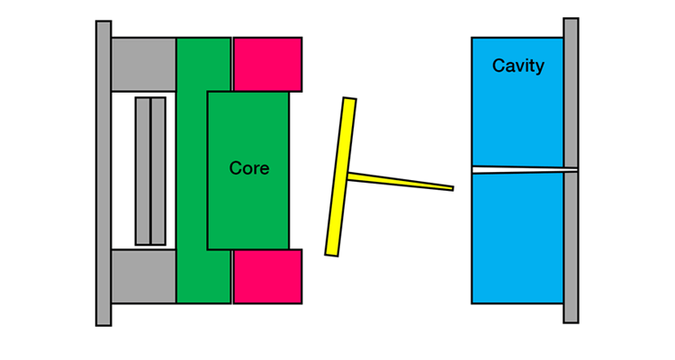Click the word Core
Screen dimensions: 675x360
249,168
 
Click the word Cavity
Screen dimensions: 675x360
517,66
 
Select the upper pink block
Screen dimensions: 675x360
267,64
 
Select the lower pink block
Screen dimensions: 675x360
267,276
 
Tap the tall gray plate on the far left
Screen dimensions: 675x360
103,173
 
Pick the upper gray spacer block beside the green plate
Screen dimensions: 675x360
143,64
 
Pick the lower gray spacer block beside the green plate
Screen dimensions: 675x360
143,276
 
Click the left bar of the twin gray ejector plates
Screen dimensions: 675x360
143,171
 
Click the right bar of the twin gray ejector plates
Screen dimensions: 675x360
158,171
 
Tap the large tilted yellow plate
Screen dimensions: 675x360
340,177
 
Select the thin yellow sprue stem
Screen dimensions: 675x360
400,181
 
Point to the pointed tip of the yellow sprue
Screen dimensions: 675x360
453,188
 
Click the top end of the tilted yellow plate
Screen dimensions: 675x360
349,99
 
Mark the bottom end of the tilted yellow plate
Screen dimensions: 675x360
331,255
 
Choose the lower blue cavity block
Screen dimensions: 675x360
517,238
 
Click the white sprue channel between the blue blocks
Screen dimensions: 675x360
525,170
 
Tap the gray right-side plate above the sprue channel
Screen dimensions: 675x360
571,93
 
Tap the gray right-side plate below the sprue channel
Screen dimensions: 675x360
571,247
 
